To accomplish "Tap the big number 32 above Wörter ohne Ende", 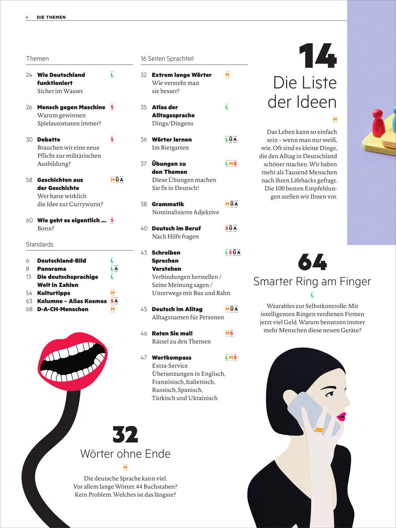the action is pos(125,434).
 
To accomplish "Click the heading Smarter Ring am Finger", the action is pos(312,281).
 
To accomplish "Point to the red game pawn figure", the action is pos(378,123).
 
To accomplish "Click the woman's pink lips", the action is pos(341,416).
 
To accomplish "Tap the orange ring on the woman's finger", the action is pos(319,429).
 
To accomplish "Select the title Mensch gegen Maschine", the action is pos(71,107).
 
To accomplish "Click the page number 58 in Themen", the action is pos(29,180).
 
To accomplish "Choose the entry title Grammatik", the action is pos(168,204).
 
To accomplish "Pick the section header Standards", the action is pos(40,244).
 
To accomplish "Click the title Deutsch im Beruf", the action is pos(176,228).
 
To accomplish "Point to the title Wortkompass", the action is pos(172,358).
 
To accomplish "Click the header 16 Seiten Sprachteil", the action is pos(167,59).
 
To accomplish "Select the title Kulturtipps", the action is pos(54,293).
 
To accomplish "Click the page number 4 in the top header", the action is pos(27,17).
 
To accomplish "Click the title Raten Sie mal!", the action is pos(172,334).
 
